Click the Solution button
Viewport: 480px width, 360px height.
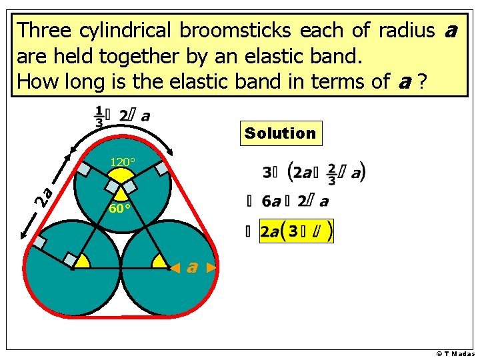click(x=280, y=133)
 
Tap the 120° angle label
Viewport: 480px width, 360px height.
click(x=122, y=162)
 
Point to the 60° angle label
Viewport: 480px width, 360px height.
click(x=119, y=208)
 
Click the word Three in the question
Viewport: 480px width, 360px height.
click(x=45, y=31)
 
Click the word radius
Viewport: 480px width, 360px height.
click(x=407, y=31)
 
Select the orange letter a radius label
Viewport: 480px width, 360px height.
click(x=192, y=267)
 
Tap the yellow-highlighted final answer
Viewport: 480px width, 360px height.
click(x=297, y=231)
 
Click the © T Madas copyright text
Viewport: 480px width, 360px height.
click(x=455, y=353)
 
